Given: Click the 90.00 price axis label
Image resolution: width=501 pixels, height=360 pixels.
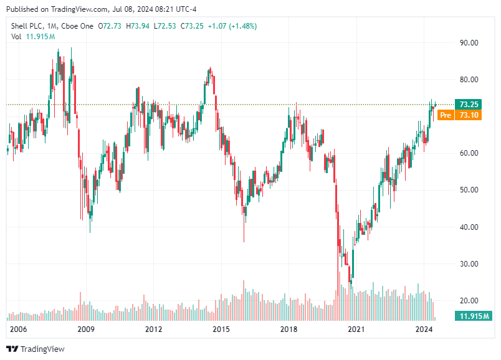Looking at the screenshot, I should [469, 43].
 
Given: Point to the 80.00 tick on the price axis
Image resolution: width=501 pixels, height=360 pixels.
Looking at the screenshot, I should [469, 80].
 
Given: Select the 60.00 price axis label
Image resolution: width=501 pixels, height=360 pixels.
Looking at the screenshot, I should [469, 153].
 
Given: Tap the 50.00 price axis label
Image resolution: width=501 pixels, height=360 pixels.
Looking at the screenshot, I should [469, 190].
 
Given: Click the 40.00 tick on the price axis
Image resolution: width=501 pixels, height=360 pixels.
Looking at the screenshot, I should [469, 227].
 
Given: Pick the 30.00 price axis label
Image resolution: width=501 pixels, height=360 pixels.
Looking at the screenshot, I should [469, 263].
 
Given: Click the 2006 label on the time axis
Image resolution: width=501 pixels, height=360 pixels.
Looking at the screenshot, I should [19, 329].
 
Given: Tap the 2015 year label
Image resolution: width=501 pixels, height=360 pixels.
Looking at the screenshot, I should [221, 329].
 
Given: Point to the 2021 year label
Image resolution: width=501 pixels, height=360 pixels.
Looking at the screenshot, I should [356, 329].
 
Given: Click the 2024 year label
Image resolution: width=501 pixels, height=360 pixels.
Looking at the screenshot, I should [424, 329].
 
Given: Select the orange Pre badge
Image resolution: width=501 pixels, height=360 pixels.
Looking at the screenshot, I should [446, 115].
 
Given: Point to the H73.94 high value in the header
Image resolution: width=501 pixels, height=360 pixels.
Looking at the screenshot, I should [138, 26].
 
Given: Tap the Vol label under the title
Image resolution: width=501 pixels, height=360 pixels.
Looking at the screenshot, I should [16, 37].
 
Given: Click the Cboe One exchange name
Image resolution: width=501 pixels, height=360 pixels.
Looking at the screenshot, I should [80, 26].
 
